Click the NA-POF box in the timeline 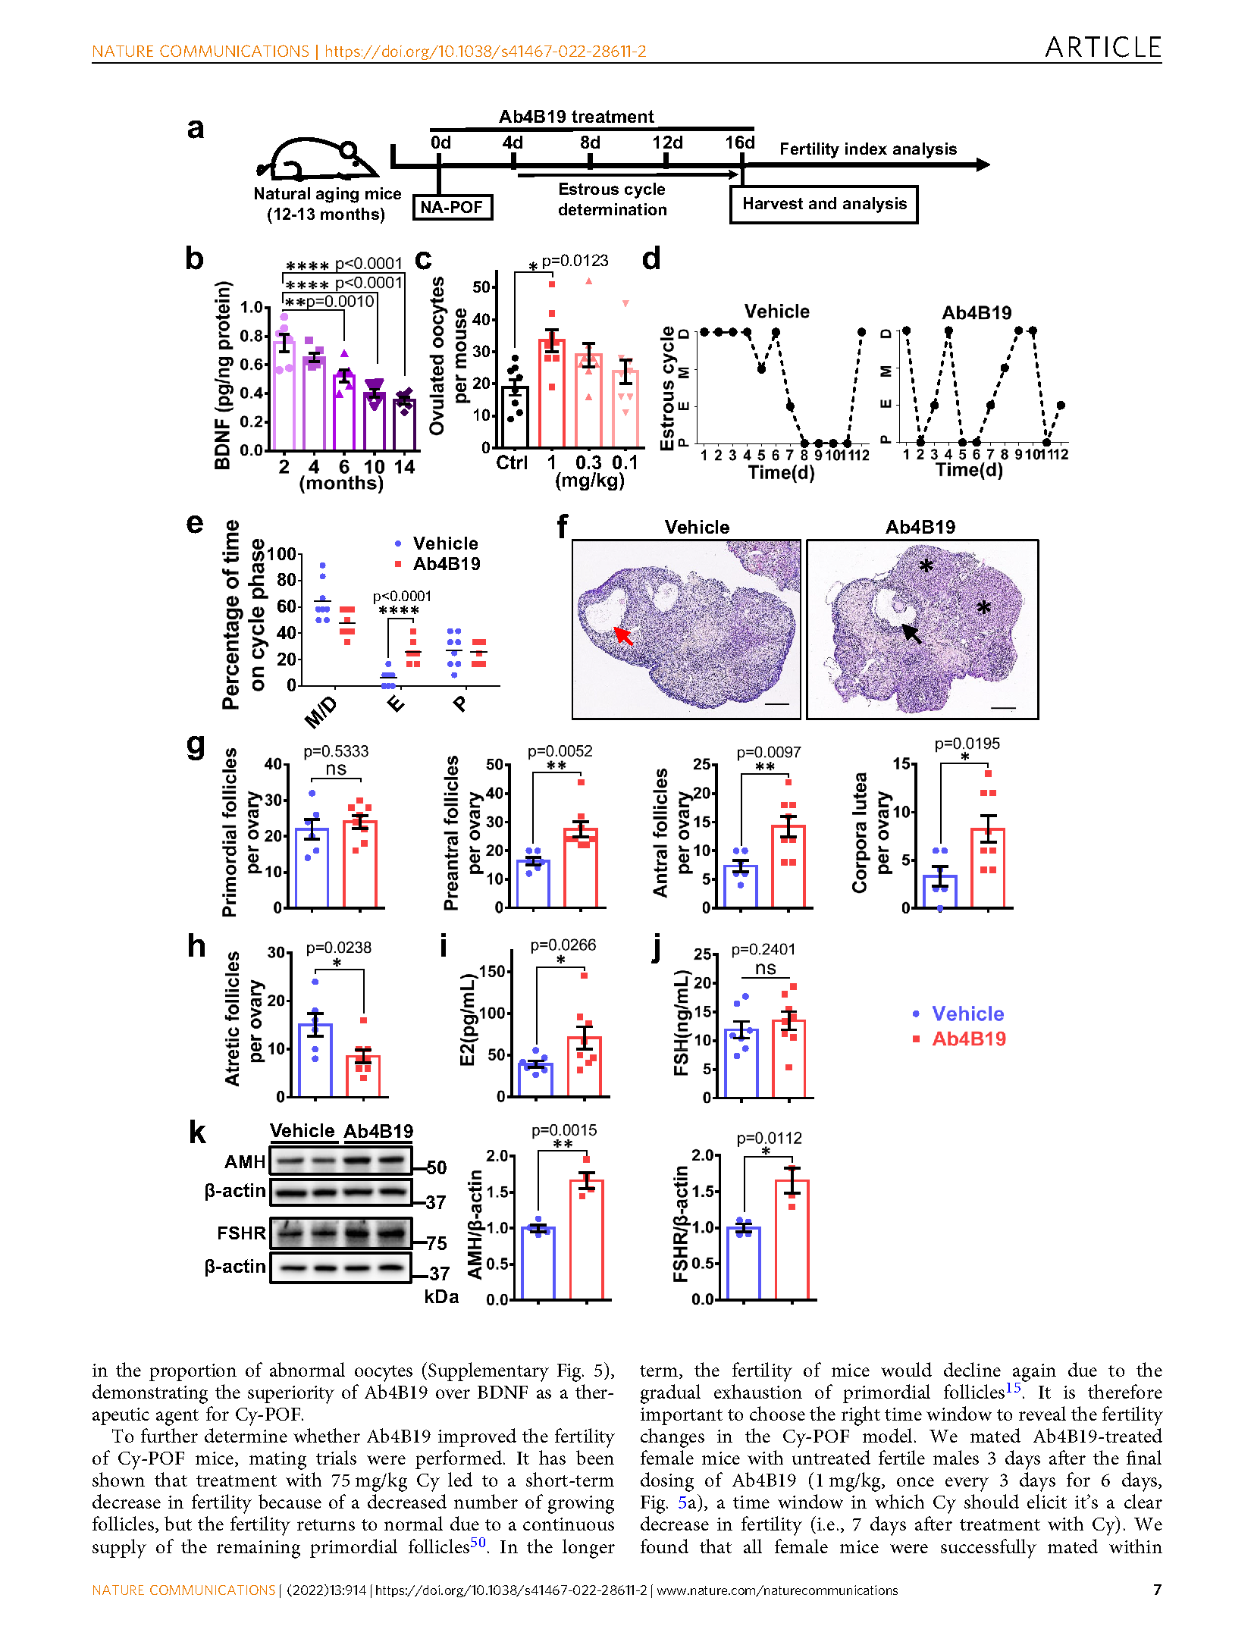[x=452, y=207]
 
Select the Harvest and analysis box [x=823, y=204]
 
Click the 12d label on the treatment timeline [x=667, y=143]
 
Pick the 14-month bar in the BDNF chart [x=405, y=425]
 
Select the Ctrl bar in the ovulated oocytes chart [x=515, y=417]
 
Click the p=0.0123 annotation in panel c [x=575, y=261]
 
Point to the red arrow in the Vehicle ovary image [x=622, y=634]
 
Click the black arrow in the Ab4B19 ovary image [x=911, y=634]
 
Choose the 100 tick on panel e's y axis [x=281, y=554]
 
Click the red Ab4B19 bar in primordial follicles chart [x=360, y=864]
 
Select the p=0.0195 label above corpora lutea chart [x=967, y=744]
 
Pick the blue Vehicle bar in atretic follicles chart [x=315, y=1061]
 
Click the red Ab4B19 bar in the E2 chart [x=585, y=1067]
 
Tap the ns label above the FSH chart [x=766, y=968]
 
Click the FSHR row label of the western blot [x=241, y=1233]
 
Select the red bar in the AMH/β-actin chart [x=587, y=1240]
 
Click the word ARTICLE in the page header [x=1103, y=48]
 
